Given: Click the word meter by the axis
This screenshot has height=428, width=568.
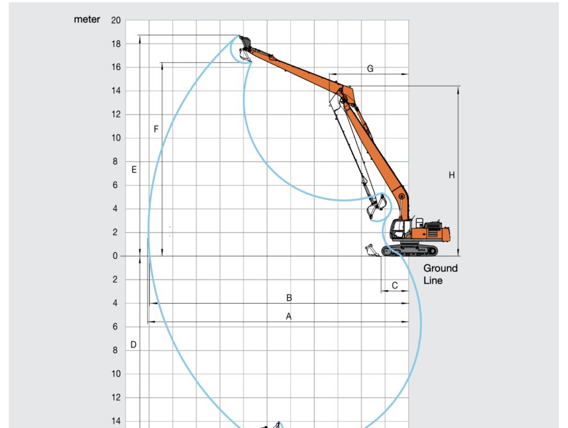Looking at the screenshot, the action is (87, 20).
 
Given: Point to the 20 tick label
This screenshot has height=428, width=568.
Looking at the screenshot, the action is (116, 21).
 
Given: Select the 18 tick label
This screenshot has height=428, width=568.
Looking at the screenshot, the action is (116, 44).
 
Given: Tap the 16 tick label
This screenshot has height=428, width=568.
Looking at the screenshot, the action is (116, 67).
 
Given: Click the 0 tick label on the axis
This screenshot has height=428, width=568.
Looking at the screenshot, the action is (115, 256).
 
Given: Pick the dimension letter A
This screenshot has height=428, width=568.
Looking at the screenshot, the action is (288, 317).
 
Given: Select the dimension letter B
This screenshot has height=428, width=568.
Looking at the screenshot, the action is (289, 298).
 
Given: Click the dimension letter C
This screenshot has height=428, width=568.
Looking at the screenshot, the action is (395, 286).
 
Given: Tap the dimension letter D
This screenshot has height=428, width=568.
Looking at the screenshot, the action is (133, 345).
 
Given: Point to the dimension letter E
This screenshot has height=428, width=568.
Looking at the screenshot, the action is (134, 169).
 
